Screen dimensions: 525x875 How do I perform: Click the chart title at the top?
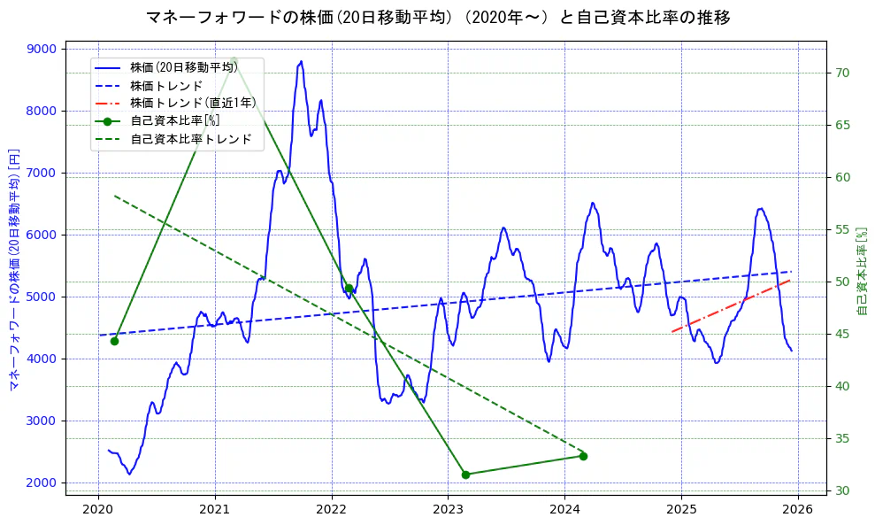437,17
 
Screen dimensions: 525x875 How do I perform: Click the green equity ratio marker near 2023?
465,475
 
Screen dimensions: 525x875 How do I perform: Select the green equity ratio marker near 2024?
583,456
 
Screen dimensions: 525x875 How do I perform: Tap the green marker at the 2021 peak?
233,60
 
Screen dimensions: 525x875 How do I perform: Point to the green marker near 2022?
349,288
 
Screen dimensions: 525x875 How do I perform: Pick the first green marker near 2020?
114,341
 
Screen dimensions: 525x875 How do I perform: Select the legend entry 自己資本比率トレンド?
190,139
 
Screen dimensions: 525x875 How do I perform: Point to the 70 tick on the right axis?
841,73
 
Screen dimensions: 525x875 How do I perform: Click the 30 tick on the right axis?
841,490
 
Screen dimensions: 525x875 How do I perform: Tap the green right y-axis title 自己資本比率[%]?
863,270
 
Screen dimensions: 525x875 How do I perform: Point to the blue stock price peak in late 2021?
301,62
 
